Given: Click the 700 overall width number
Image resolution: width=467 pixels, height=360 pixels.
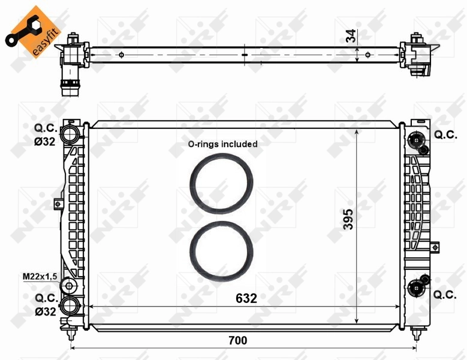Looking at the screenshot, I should (x=237, y=340).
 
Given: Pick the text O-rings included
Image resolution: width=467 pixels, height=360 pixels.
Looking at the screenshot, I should (x=222, y=144).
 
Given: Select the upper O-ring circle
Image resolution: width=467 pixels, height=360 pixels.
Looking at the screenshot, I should (x=221, y=183).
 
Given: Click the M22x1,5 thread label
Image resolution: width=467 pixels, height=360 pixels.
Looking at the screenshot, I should (x=40, y=276).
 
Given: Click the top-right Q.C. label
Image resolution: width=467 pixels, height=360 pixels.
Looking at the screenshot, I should (x=445, y=135).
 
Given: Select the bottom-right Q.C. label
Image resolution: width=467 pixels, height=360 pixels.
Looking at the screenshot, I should (x=445, y=294).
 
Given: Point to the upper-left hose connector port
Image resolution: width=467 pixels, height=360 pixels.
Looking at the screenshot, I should (x=71, y=133).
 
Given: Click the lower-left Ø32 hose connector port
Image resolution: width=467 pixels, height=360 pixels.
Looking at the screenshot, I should (x=71, y=305).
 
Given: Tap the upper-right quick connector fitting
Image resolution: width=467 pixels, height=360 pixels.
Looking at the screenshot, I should (x=415, y=140).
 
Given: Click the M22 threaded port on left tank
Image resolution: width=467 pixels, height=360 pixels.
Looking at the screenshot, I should (x=70, y=284).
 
